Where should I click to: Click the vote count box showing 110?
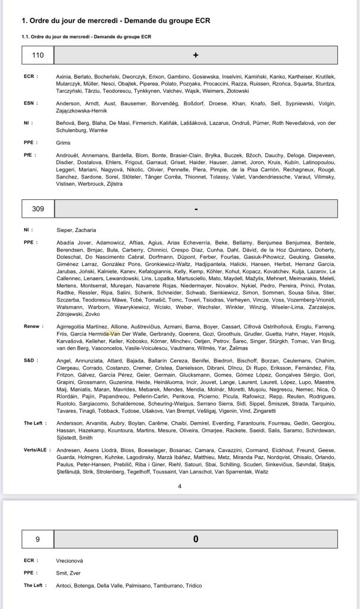click(x=38, y=55)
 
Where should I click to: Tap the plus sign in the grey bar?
click(x=196, y=55)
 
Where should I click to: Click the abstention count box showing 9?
click(x=38, y=539)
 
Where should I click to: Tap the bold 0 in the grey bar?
click(x=196, y=539)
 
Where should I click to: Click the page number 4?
click(x=180, y=486)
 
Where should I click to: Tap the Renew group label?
click(x=32, y=327)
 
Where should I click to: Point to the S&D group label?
click(x=30, y=360)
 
